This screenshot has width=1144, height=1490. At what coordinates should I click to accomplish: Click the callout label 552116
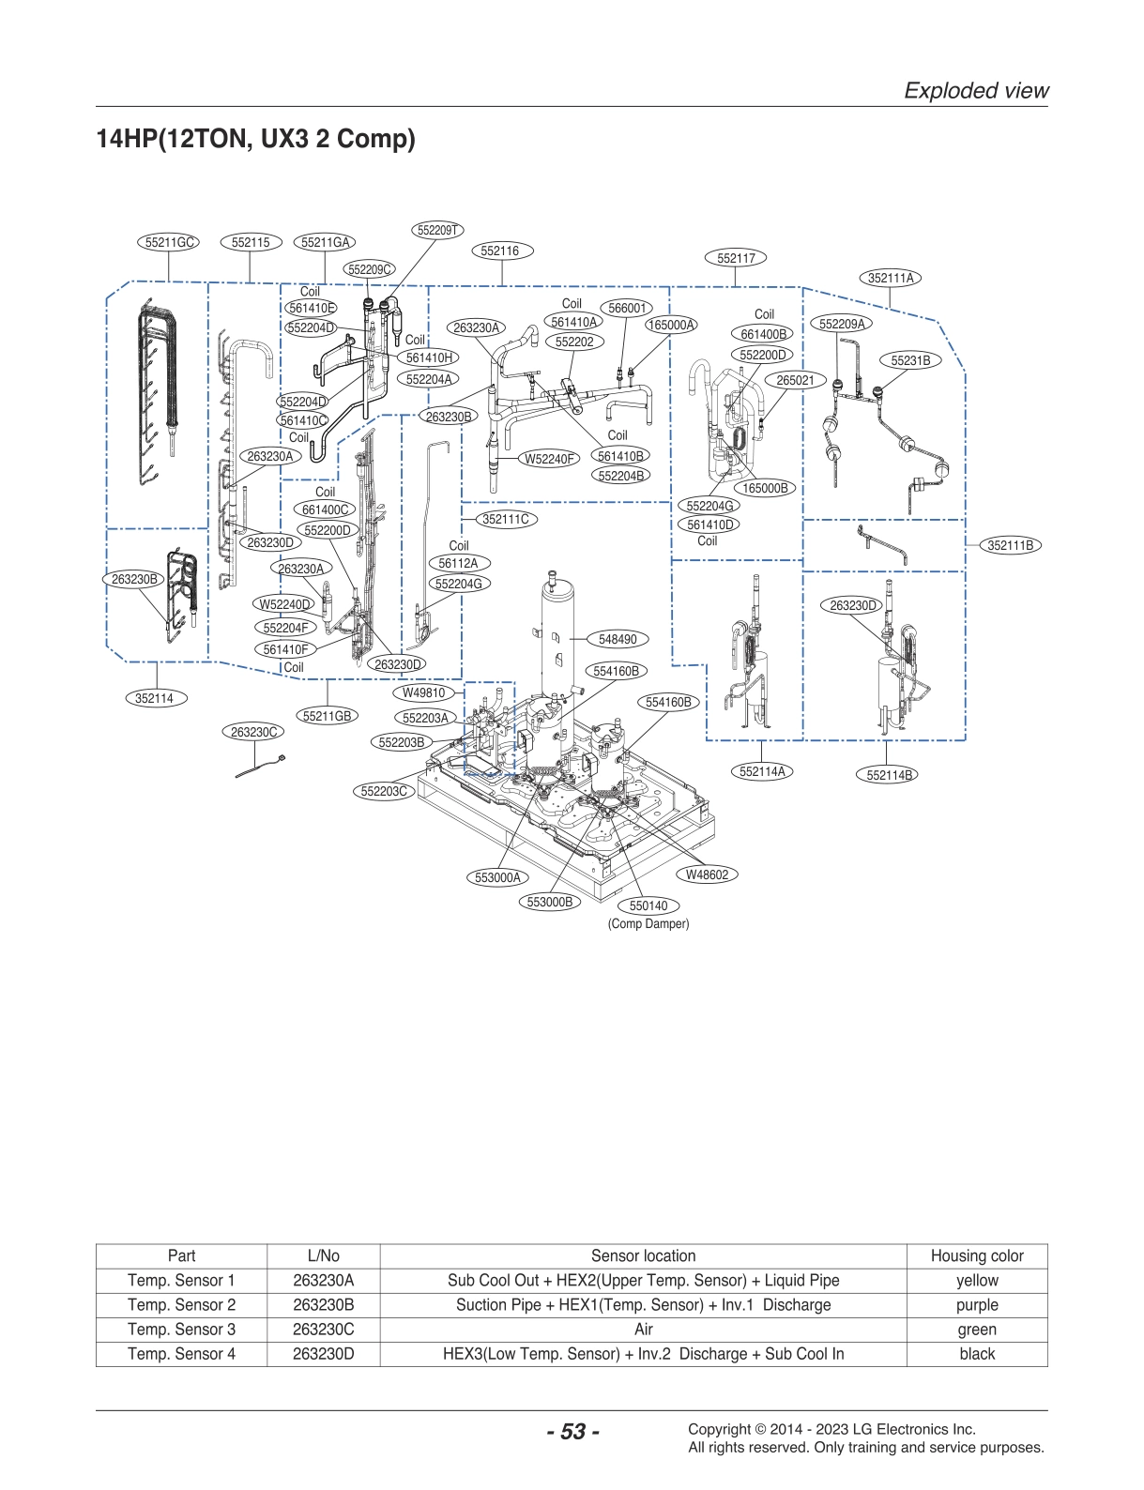pyautogui.click(x=499, y=251)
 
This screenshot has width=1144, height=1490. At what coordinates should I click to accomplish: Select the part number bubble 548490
pyautogui.click(x=617, y=639)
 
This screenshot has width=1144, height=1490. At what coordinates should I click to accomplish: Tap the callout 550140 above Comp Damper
pyautogui.click(x=648, y=905)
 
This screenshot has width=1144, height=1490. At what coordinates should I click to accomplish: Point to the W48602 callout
pyautogui.click(x=707, y=874)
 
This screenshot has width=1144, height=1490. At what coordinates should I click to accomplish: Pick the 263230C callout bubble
pyautogui.click(x=252, y=732)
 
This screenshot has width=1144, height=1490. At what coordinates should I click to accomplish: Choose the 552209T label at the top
pyautogui.click(x=436, y=230)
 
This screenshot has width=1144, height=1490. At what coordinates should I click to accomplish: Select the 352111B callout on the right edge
pyautogui.click(x=1010, y=545)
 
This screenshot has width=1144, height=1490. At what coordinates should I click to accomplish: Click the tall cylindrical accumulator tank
pyautogui.click(x=557, y=638)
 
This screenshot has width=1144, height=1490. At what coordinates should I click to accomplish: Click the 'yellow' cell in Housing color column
pyautogui.click(x=976, y=1281)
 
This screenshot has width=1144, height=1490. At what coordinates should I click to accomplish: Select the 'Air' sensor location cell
pyautogui.click(x=643, y=1330)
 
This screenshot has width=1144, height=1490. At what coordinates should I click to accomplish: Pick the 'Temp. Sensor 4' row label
pyautogui.click(x=181, y=1354)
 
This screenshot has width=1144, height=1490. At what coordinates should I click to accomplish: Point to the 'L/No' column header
pyautogui.click(x=323, y=1256)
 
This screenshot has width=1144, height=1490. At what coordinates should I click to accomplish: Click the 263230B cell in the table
pyautogui.click(x=323, y=1305)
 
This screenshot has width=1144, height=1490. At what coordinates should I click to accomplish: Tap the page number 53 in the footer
pyautogui.click(x=572, y=1432)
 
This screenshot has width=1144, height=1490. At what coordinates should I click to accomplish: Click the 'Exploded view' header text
pyautogui.click(x=975, y=90)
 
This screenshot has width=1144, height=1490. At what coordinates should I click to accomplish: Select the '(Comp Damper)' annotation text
pyautogui.click(x=648, y=924)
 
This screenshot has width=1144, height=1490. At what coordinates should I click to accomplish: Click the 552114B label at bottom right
pyautogui.click(x=888, y=775)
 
